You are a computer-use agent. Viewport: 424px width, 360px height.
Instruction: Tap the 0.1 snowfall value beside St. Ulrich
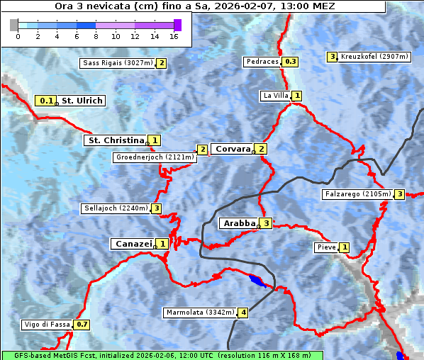point(47,101)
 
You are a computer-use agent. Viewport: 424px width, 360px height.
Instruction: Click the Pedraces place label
point(262,62)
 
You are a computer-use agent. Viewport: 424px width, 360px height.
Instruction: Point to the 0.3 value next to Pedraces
point(291,62)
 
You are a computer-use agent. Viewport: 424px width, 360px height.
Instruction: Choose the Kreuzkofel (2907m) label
point(374,57)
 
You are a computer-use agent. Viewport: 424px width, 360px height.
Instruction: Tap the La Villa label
point(275,96)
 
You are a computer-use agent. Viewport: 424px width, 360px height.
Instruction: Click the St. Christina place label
point(116,140)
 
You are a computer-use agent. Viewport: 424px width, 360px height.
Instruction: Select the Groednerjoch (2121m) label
point(155,157)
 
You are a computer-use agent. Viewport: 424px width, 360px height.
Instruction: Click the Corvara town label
point(233,149)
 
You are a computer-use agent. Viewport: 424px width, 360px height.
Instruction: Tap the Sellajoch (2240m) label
point(115,208)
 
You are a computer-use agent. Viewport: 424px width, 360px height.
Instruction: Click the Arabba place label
point(239,223)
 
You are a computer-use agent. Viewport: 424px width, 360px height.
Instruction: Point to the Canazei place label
point(133,244)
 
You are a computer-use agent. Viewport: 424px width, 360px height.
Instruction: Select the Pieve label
point(326,247)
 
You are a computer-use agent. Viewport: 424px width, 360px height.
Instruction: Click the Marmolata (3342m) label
point(200,312)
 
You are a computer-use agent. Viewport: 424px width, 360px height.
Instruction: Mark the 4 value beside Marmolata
point(243,312)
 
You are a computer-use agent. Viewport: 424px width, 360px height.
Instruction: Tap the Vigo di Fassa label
point(47,325)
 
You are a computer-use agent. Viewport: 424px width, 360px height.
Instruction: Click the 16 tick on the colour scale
point(174,36)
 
